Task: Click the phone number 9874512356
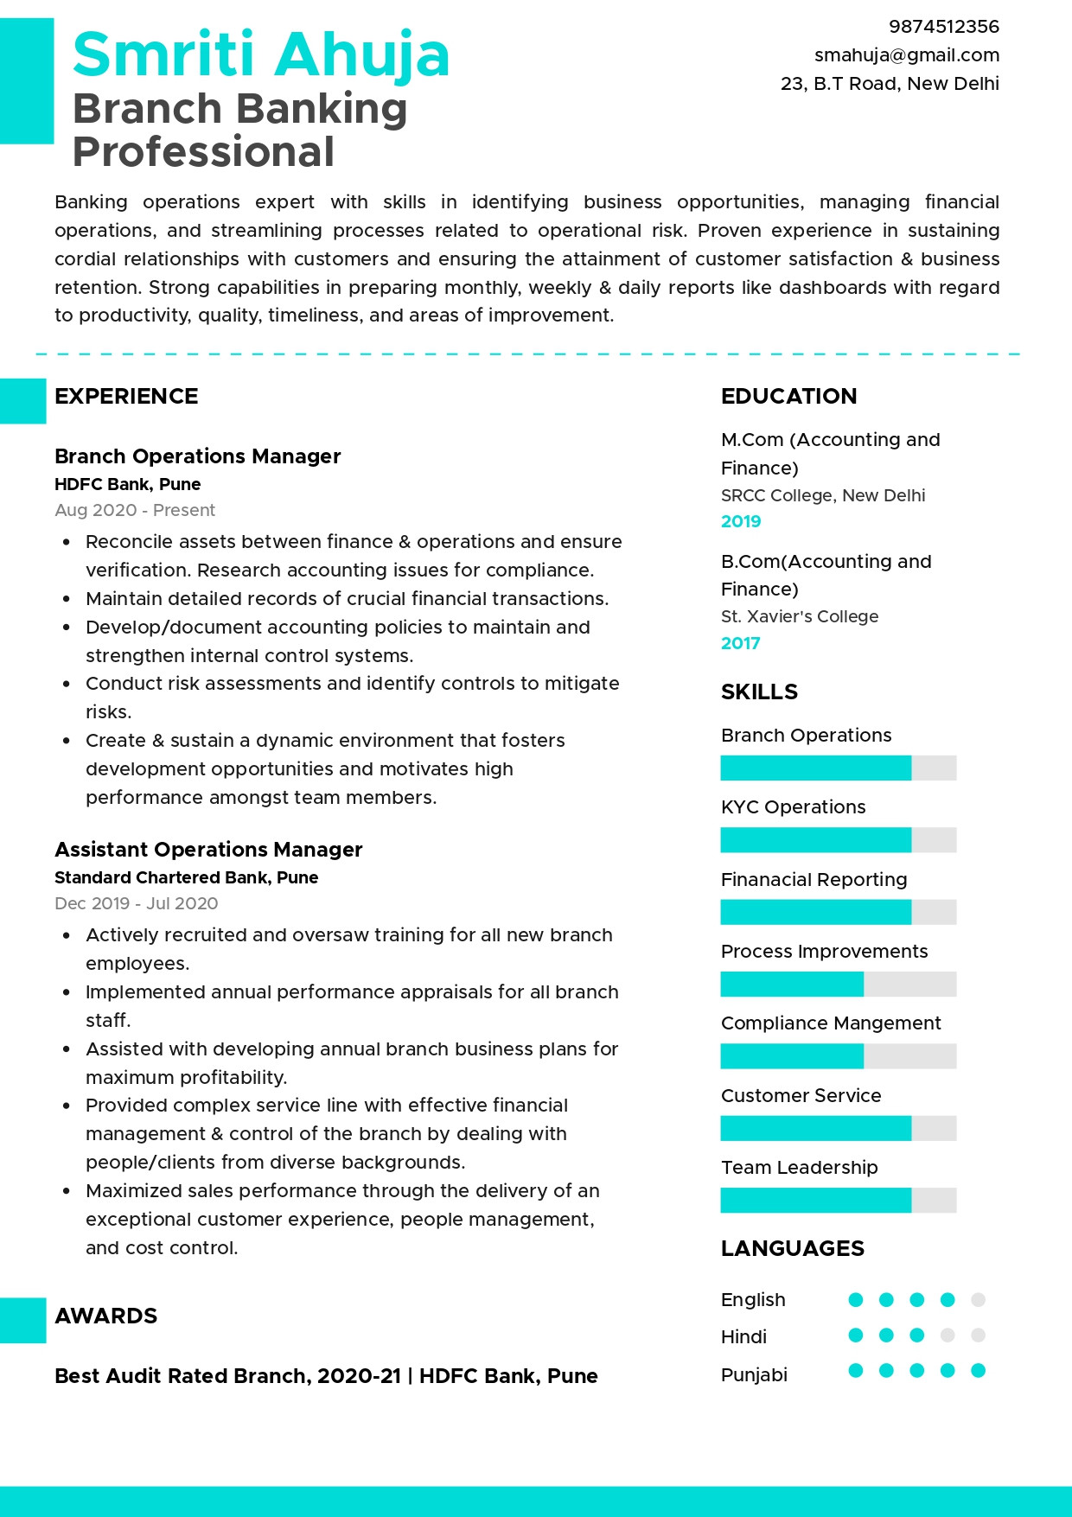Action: click(943, 27)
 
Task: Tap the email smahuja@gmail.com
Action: click(906, 55)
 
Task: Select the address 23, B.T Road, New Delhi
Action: click(889, 84)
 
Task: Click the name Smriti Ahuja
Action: click(261, 55)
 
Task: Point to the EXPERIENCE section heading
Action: click(126, 397)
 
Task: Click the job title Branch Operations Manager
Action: click(197, 456)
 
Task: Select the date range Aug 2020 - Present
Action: click(135, 510)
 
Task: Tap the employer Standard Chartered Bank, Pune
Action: click(186, 877)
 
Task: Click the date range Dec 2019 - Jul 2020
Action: click(136, 903)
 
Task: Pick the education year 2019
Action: click(741, 521)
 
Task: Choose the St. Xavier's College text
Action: click(799, 616)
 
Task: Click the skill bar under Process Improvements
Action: click(838, 984)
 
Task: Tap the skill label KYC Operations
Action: click(793, 807)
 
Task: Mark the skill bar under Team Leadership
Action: click(838, 1200)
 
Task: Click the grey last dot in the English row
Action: click(978, 1299)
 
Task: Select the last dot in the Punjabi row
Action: click(978, 1370)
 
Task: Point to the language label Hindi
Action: click(743, 1337)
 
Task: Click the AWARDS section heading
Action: click(105, 1316)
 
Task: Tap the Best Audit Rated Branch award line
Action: click(326, 1376)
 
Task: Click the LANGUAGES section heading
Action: click(792, 1249)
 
